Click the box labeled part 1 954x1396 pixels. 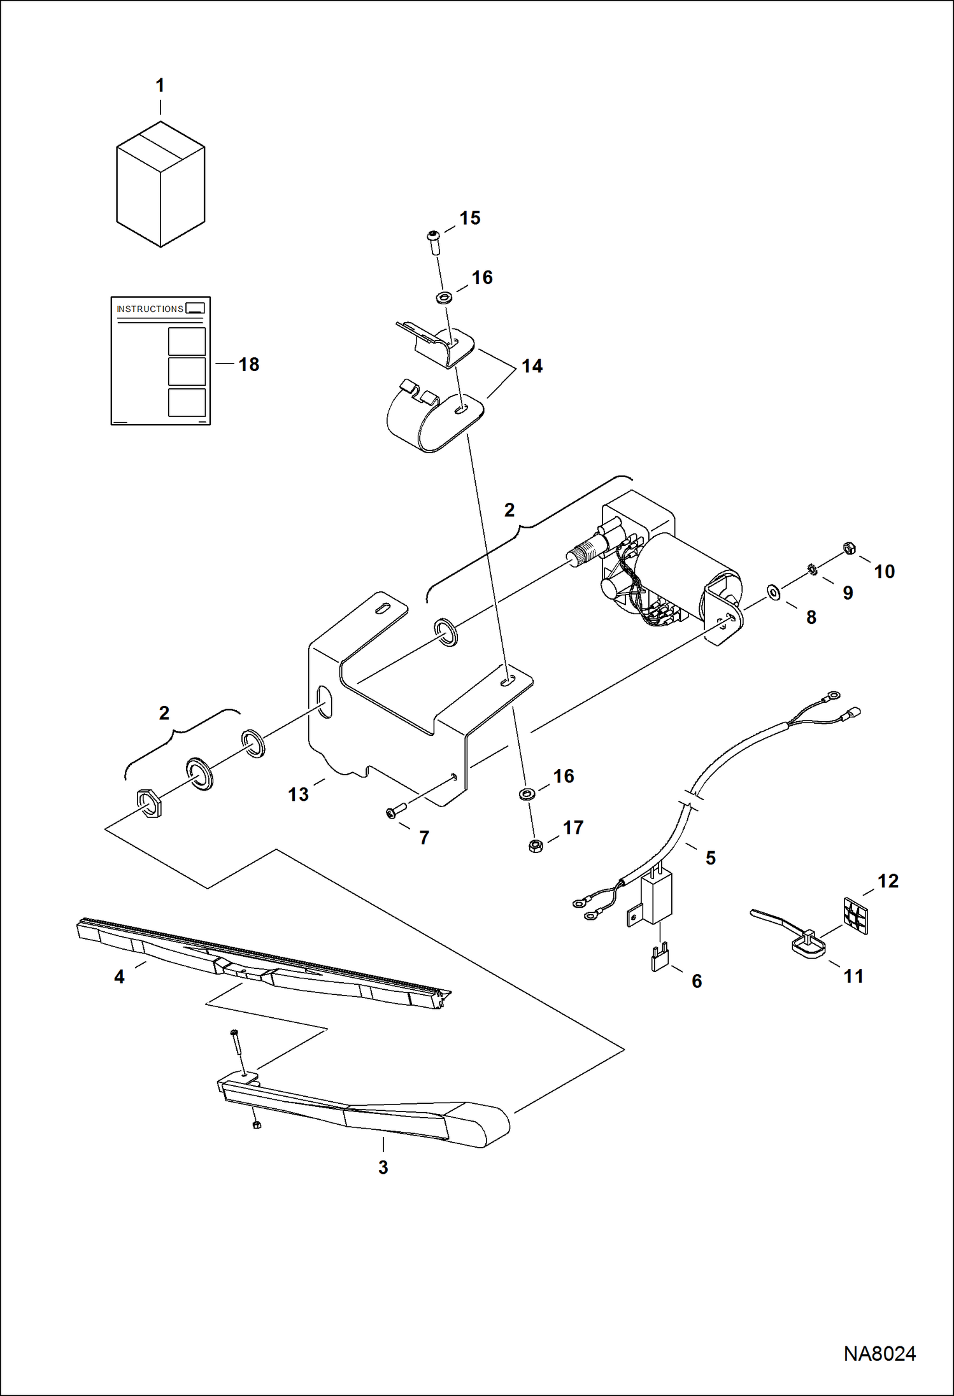(x=160, y=185)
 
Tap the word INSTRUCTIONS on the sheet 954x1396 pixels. (x=150, y=309)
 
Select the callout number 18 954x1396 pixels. (x=248, y=365)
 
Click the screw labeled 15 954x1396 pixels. (x=434, y=242)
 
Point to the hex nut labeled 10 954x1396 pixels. (x=848, y=547)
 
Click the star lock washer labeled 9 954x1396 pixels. (x=812, y=569)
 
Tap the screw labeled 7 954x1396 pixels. (x=394, y=812)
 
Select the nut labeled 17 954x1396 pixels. (x=536, y=846)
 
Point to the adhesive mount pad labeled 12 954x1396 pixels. (x=855, y=915)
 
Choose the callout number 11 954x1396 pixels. (x=853, y=976)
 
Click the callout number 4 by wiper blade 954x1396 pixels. (x=119, y=976)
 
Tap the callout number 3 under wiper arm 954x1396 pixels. (x=383, y=1167)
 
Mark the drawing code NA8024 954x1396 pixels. (x=879, y=1353)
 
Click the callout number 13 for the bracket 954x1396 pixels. (x=298, y=794)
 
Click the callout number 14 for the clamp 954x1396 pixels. (x=532, y=366)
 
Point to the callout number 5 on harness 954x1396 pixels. (x=711, y=858)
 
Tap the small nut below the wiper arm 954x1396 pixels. (x=256, y=1125)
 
